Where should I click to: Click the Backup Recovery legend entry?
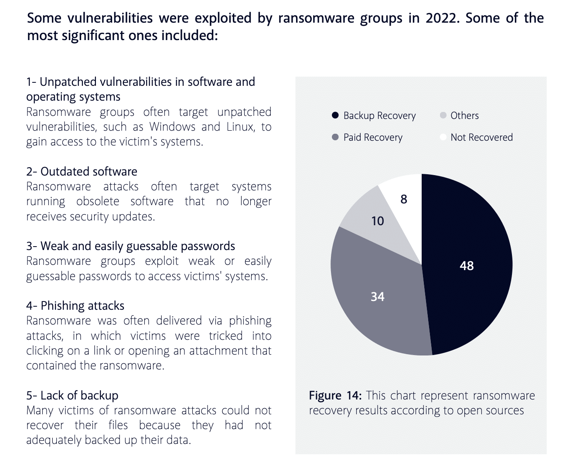374,115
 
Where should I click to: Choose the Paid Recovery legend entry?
368,137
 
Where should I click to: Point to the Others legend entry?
460,115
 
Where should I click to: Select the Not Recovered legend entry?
477,137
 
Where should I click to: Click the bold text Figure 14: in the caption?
335,396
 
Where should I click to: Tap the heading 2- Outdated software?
82,172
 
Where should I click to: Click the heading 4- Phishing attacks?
75,306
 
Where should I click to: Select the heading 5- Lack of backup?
72,396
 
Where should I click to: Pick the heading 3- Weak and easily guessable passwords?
130,246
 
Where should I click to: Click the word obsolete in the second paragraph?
98,201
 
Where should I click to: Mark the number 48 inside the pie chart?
467,266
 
